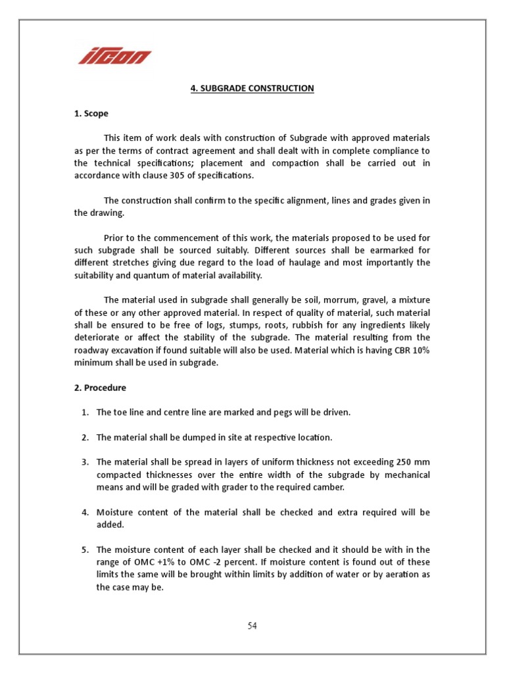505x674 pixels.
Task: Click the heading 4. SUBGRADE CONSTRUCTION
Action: tap(252, 88)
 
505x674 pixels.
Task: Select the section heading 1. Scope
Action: tap(91, 113)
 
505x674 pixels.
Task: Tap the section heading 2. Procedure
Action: tap(100, 388)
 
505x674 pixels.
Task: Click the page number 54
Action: tap(252, 626)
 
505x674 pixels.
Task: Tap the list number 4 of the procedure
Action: tap(85, 513)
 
